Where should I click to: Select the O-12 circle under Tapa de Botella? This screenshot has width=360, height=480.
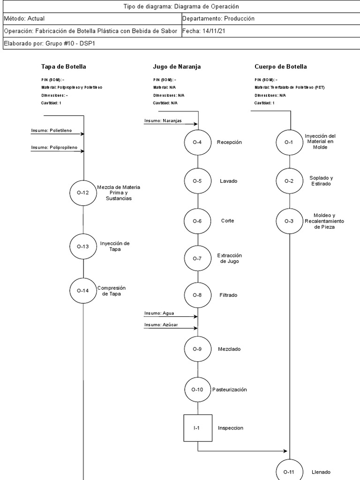click(83, 192)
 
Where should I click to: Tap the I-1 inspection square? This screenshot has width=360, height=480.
click(197, 427)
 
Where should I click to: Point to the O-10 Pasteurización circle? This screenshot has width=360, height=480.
click(197, 389)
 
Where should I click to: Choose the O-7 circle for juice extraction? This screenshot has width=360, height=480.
click(197, 258)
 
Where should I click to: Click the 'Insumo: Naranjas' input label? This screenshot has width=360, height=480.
click(163, 120)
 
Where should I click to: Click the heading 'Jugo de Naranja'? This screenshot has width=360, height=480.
click(177, 67)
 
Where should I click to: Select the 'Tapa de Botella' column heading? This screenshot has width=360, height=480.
click(64, 67)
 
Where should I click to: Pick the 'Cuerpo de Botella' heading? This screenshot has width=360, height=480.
click(281, 67)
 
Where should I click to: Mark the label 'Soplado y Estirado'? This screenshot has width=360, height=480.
click(321, 181)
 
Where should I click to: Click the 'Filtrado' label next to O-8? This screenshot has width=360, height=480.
click(228, 295)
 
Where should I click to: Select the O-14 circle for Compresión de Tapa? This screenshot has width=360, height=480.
click(83, 291)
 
